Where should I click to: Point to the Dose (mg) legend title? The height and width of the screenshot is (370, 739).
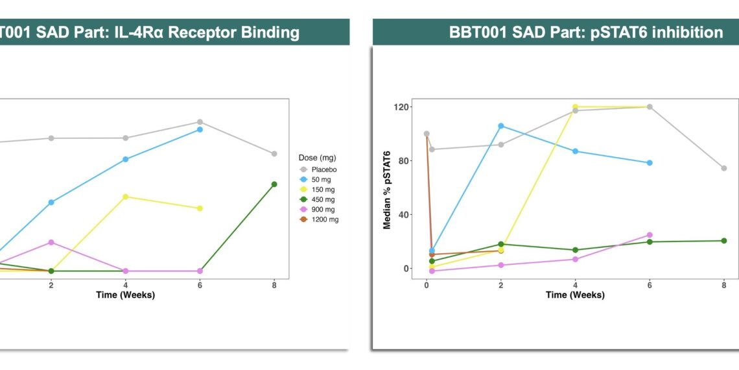point(317,158)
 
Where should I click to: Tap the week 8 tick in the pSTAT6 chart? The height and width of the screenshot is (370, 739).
point(723,285)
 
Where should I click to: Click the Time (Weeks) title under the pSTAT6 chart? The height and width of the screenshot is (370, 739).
point(575,295)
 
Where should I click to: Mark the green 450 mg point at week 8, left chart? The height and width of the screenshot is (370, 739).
point(274,184)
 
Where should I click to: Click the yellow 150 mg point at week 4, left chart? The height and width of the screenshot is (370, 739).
point(125,197)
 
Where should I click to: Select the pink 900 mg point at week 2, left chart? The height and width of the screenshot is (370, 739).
point(51,242)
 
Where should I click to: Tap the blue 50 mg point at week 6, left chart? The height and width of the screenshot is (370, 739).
point(200,129)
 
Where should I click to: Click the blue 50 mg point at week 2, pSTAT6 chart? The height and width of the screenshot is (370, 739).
point(500,126)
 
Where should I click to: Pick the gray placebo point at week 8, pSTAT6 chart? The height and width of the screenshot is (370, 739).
point(723,168)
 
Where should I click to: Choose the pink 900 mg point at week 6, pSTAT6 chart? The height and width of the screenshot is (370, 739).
point(650,235)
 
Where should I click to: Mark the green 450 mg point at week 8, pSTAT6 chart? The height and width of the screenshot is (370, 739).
point(723,241)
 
